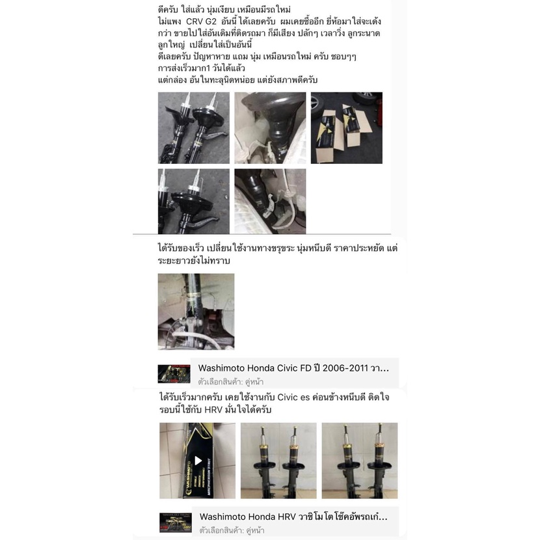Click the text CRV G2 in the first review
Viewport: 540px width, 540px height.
click(201, 21)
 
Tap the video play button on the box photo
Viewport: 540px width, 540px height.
click(198, 461)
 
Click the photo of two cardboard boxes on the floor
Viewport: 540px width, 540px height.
click(347, 128)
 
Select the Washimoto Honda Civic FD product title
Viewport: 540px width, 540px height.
click(293, 368)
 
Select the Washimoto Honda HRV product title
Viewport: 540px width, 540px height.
click(293, 517)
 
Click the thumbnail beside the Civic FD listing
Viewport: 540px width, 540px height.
click(174, 374)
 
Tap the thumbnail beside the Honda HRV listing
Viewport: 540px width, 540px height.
click(175, 522)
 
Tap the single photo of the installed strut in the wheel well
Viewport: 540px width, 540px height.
click(196, 312)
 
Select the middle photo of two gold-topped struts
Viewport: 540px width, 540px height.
click(278, 461)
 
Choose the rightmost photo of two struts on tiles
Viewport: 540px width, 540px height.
click(360, 461)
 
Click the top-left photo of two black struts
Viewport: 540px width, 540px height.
click(193, 128)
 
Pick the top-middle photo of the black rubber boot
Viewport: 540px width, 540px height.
click(270, 128)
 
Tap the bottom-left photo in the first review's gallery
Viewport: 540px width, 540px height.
click(193, 201)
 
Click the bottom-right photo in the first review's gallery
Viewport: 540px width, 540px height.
click(270, 201)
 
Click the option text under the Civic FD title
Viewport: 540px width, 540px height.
click(231, 382)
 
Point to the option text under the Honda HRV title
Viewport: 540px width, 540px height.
click(232, 530)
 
